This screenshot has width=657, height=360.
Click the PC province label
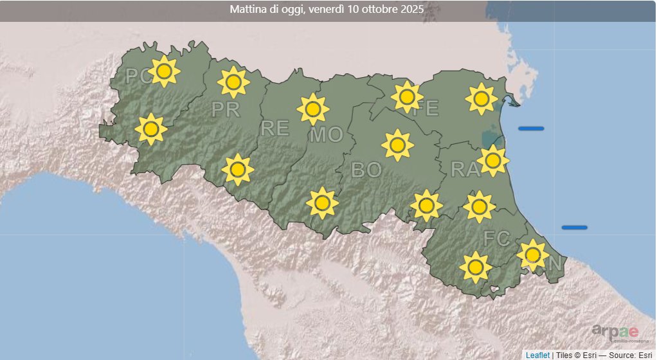tap(136, 76)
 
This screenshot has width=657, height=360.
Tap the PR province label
tap(225, 110)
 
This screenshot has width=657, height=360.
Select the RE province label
tap(274, 129)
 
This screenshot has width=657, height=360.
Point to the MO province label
tap(326, 136)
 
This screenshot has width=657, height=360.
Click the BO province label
tap(366, 170)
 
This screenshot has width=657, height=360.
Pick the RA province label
tap(465, 170)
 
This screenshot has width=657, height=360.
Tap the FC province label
tap(497, 239)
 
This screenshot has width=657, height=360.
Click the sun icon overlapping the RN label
tap(532, 255)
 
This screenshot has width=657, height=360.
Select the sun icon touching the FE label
tap(406, 97)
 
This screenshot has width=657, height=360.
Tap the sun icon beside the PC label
tap(164, 71)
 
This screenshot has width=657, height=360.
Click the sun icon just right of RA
tap(493, 160)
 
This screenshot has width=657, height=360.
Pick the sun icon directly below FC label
tap(476, 266)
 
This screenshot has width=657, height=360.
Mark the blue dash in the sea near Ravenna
tap(531, 129)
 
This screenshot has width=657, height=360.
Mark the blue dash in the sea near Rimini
tap(574, 227)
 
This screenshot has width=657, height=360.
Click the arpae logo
tap(615, 332)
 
